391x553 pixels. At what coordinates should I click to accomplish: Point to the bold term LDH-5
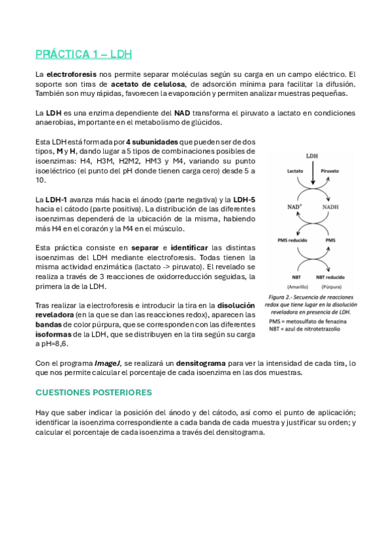(x=245, y=199)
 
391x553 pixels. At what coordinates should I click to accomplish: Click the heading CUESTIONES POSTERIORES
(x=93, y=393)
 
